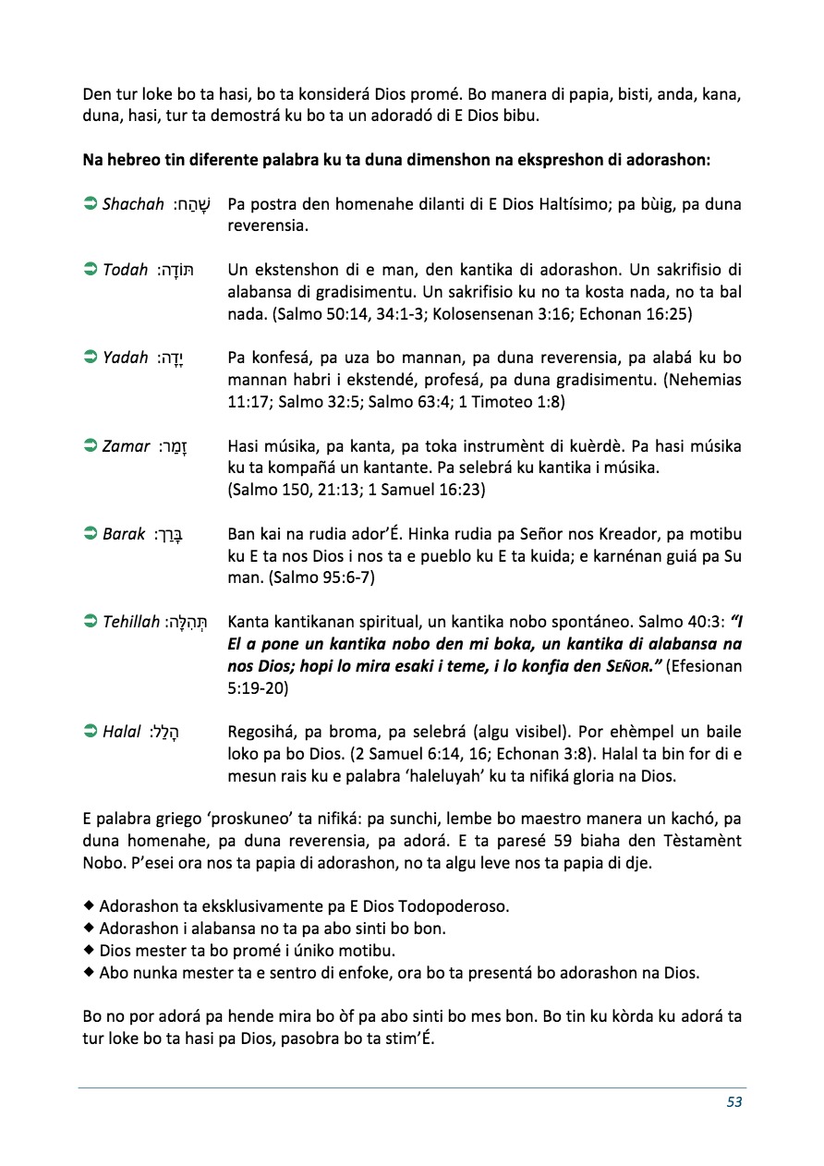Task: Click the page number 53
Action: (734, 1101)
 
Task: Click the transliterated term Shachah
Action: (133, 204)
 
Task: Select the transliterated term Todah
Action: (126, 270)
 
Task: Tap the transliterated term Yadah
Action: (126, 358)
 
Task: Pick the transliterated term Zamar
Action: (127, 446)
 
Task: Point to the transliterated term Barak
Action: (124, 534)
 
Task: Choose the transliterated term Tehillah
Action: (131, 622)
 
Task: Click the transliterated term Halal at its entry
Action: (122, 733)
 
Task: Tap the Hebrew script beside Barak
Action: (168, 536)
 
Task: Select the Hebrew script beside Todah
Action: (175, 270)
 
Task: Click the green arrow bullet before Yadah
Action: (91, 358)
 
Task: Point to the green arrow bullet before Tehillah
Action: (91, 622)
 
